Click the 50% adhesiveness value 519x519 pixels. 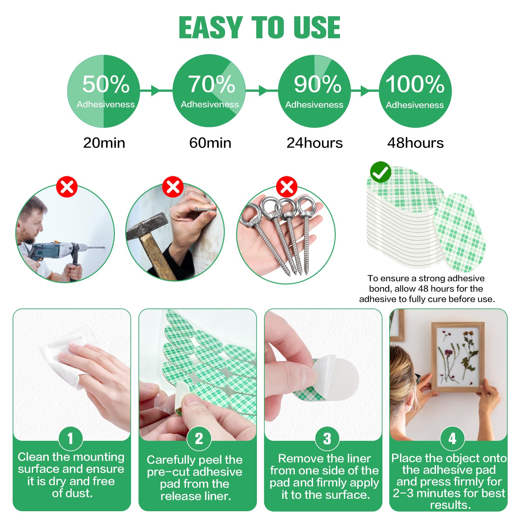pos(106,84)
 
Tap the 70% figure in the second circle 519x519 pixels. pos(211,84)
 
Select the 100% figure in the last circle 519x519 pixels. pos(415,84)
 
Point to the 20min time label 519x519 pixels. pos(104,143)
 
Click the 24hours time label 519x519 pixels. pos(314,143)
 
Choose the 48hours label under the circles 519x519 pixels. pos(415,143)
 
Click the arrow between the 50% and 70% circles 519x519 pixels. pos(156,91)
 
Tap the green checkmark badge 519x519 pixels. pos(380,172)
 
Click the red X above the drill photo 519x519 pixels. pos(67,187)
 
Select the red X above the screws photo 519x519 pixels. pos(286,187)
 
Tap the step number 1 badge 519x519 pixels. pos(70,439)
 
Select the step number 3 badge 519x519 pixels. pos(327,439)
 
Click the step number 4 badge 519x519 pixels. pos(452,439)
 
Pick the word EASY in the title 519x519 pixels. pos(211,28)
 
